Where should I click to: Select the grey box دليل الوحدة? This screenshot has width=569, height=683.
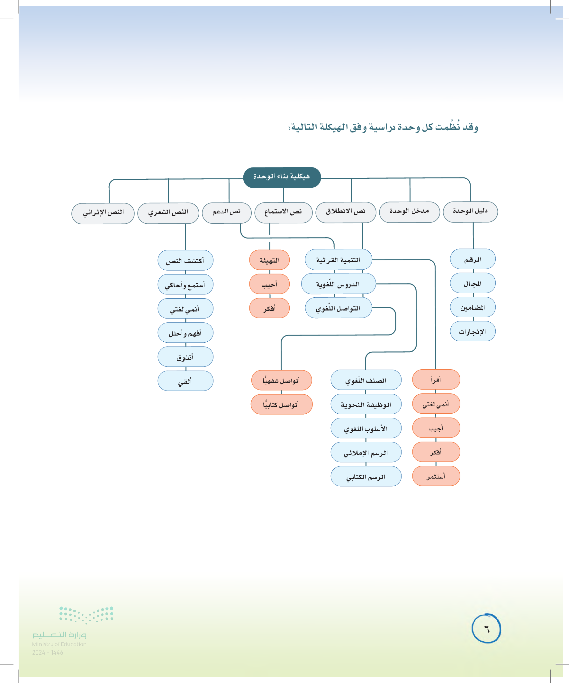470,212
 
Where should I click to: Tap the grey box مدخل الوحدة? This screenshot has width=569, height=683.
409,212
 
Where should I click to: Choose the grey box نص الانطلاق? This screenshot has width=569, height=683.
346,212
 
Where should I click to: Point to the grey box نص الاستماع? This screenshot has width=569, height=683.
283,213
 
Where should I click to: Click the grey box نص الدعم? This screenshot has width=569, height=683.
226,213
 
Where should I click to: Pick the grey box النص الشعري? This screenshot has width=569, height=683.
168,213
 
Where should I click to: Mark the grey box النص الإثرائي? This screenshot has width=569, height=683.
103,213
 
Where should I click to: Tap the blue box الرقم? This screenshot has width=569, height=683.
472,259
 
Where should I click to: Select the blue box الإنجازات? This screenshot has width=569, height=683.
472,331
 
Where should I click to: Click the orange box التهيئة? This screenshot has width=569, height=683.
269,260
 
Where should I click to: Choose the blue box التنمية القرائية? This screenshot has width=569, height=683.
338,260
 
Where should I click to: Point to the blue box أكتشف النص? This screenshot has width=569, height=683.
185,260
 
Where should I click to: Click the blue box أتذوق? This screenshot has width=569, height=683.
185,357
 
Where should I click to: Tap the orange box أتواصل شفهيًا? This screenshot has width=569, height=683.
281,380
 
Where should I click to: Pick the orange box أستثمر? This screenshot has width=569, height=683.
436,476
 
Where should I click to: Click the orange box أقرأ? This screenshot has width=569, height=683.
436,379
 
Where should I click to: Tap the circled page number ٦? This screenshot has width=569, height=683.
486,628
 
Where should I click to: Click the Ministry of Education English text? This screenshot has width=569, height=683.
59,644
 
